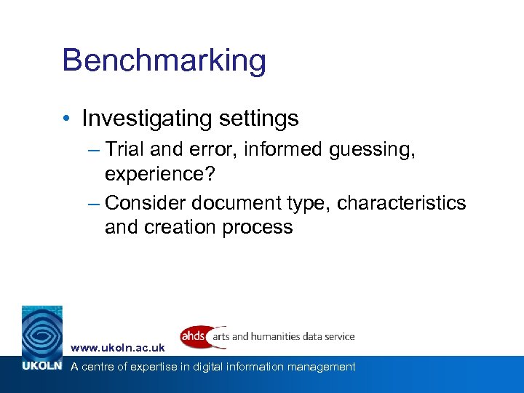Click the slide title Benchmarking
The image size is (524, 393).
click(164, 61)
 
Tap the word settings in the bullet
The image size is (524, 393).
click(257, 118)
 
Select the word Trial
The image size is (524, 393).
click(127, 150)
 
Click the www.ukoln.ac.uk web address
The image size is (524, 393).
click(118, 349)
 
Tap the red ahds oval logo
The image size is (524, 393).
click(194, 336)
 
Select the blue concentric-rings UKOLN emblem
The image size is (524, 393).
click(41, 332)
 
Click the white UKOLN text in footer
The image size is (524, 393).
click(40, 367)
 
